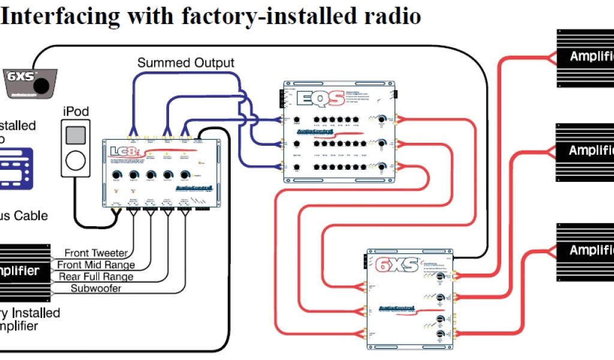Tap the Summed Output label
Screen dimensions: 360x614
[186, 62]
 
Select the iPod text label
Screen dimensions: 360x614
[76, 112]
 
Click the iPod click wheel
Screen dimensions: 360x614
[76, 160]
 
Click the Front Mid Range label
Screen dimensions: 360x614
[96, 265]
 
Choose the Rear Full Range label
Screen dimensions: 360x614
[96, 277]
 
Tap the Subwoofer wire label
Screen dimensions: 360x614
[96, 289]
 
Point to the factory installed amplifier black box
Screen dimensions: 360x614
[25, 271]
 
